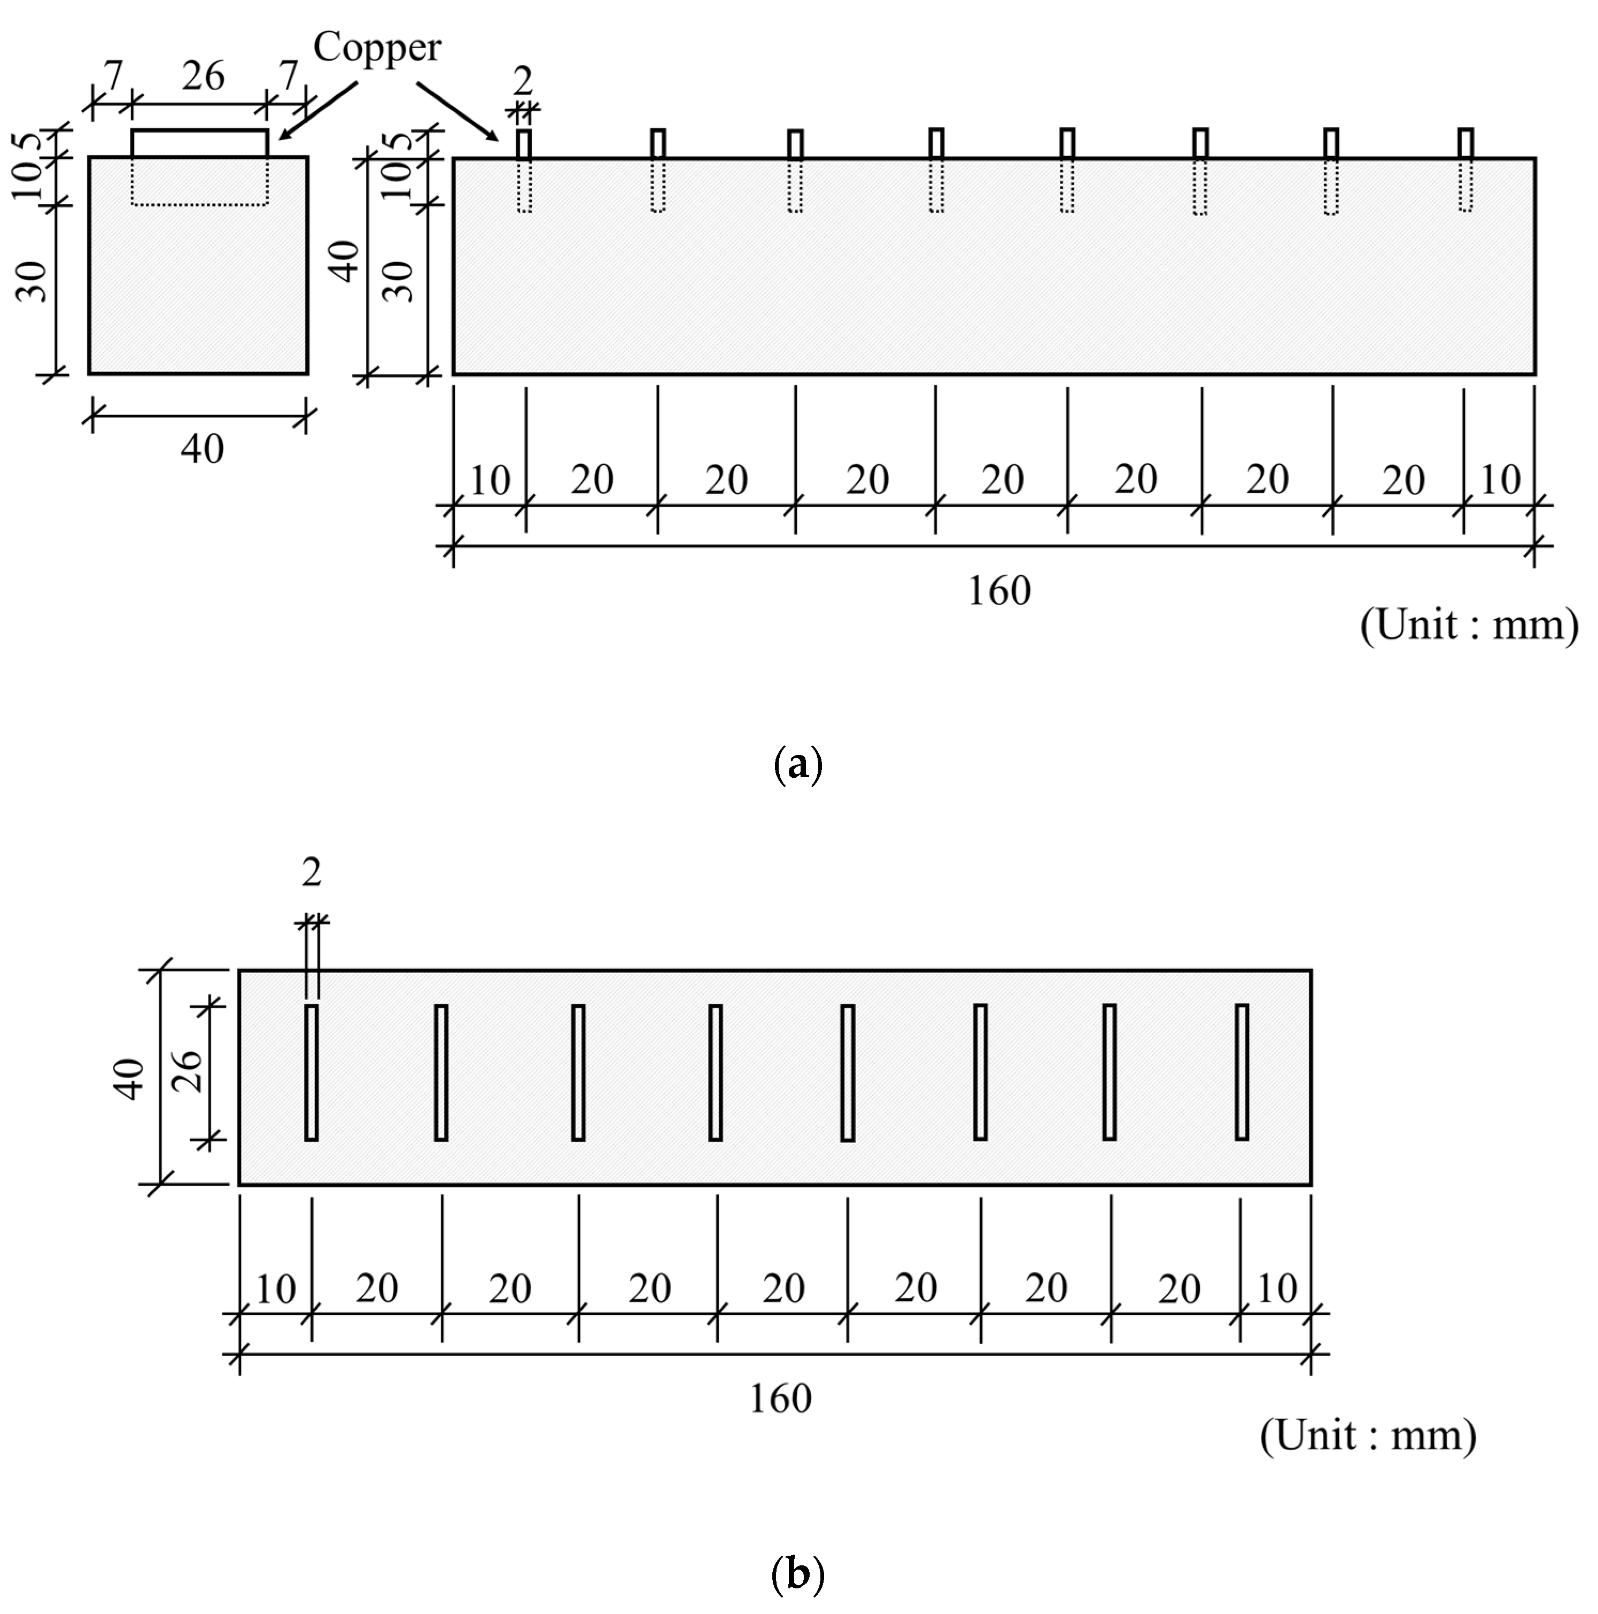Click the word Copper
pos(377,48)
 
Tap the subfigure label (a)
pos(798,764)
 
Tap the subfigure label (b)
pos(798,1574)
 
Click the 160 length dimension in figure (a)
pos(999,591)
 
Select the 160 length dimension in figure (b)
pos(780,1399)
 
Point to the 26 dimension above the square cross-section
pos(203,77)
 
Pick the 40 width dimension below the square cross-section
pos(202,450)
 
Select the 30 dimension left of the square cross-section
pos(32,282)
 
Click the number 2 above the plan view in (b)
pos(312,874)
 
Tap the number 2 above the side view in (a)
pos(523,82)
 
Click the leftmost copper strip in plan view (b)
pos(312,1072)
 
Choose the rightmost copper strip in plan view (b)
pos(1242,1072)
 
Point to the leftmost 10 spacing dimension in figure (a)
pos(490,481)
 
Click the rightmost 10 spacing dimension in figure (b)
pos(1276,1289)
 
